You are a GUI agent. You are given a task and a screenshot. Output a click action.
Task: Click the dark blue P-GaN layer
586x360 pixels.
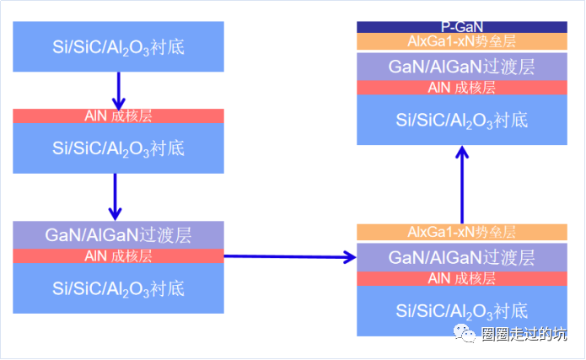[x=461, y=27]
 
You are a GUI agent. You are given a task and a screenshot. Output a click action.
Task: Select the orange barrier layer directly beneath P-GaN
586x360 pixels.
[x=461, y=41]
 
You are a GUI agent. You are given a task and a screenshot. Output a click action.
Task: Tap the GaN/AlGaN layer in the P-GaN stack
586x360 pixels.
[x=461, y=67]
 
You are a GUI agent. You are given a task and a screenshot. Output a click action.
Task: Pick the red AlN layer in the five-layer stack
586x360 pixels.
[x=461, y=88]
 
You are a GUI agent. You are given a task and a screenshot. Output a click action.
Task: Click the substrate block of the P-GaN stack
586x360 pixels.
[x=461, y=119]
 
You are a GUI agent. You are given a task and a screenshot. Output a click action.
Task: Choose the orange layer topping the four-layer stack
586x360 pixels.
[x=461, y=232]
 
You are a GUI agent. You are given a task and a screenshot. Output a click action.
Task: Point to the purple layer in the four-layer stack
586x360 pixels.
[x=461, y=256]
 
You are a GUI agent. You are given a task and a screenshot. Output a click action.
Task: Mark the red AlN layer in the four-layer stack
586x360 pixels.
[x=461, y=278]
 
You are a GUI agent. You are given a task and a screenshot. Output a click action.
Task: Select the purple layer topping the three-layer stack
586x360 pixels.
[x=118, y=234]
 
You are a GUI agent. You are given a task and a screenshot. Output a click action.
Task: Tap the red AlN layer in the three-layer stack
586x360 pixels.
[x=118, y=255]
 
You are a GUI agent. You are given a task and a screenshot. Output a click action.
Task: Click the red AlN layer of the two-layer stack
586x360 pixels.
[x=118, y=116]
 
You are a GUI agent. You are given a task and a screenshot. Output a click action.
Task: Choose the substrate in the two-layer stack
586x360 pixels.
[x=118, y=148]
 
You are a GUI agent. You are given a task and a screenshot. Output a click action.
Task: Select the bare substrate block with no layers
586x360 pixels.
[x=118, y=46]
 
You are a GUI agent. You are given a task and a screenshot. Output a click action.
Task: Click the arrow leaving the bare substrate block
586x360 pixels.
[x=118, y=89]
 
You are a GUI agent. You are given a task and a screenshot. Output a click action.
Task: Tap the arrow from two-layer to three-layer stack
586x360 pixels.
[x=118, y=196]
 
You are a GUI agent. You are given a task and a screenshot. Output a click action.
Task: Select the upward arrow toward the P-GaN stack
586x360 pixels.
[x=462, y=185]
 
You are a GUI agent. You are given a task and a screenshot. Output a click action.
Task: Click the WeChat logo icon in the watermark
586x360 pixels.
[x=465, y=335]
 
